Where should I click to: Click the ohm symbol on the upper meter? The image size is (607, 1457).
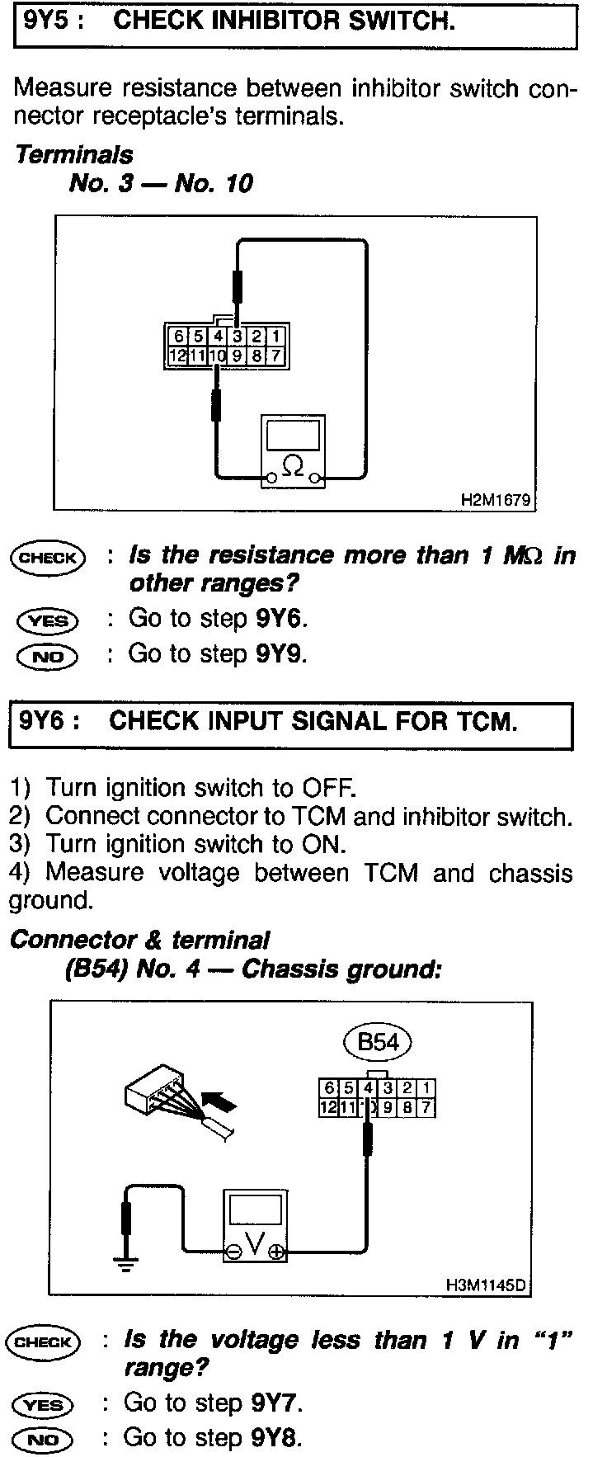click(x=292, y=465)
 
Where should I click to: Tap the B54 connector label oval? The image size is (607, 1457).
click(x=378, y=1043)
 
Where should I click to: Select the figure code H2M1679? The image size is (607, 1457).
click(x=496, y=500)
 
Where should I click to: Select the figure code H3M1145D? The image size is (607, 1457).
click(x=487, y=1285)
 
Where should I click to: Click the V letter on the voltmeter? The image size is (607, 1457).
click(x=255, y=1243)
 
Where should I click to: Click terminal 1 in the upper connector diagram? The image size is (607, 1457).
click(x=276, y=337)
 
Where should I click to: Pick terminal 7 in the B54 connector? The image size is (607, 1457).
click(x=426, y=1107)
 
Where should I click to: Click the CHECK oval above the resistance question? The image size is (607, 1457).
click(x=47, y=558)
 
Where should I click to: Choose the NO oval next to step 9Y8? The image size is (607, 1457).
click(x=44, y=1440)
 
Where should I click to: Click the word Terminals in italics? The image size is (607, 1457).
click(x=74, y=154)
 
